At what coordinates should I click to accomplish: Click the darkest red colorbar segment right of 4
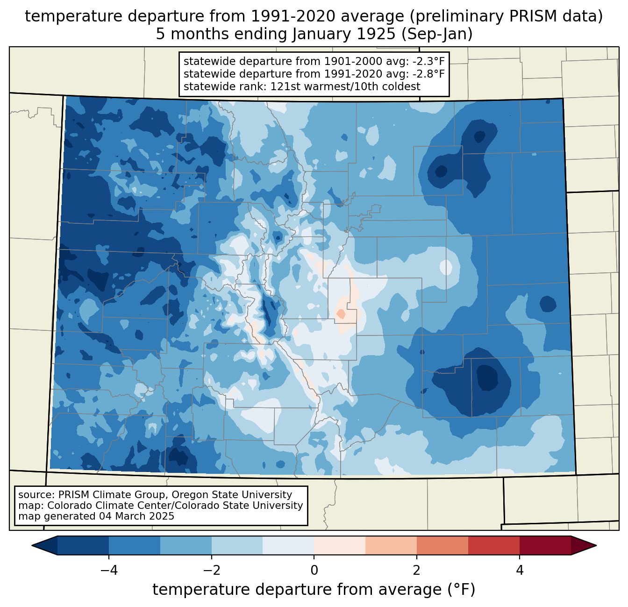[545, 545]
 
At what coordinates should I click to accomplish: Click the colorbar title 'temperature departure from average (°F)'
[314, 590]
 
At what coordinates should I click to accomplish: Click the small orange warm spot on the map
[341, 314]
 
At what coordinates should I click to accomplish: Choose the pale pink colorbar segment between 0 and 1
[340, 545]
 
